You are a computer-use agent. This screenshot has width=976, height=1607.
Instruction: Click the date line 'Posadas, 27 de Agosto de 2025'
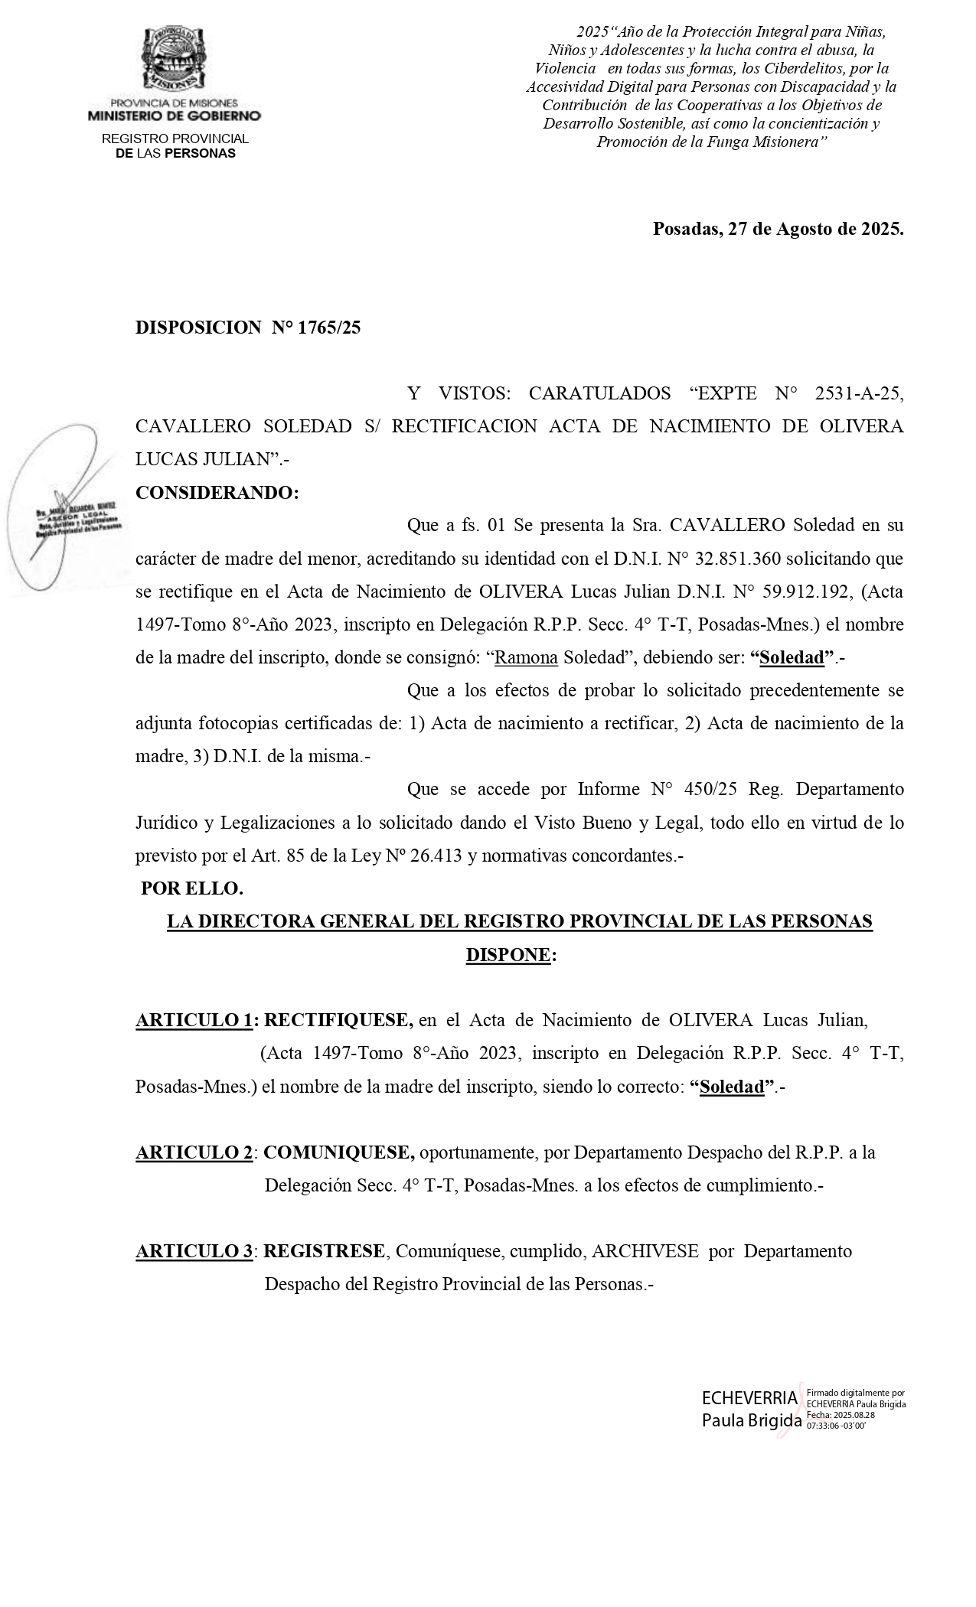778,229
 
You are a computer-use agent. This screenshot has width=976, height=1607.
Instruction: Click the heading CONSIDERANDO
217,493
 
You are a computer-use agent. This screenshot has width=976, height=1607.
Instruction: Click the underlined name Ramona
527,657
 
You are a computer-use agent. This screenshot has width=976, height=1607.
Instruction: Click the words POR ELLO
192,888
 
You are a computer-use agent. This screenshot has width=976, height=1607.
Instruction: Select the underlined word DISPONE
508,955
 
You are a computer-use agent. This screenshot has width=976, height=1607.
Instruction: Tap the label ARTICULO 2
194,1152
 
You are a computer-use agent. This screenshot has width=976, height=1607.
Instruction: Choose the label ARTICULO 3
194,1251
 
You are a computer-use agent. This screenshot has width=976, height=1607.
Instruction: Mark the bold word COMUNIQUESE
339,1152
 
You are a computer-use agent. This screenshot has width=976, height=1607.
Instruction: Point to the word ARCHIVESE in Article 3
645,1251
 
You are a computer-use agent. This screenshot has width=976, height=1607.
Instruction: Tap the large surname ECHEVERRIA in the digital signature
749,1398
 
